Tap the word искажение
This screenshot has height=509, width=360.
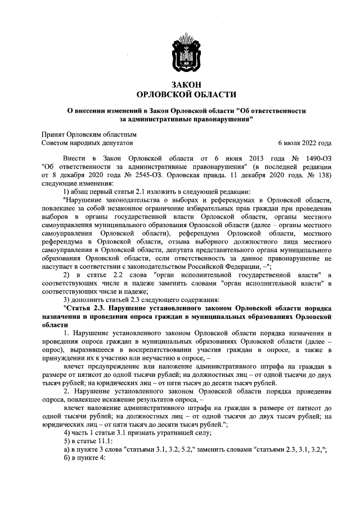tap(142, 397)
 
